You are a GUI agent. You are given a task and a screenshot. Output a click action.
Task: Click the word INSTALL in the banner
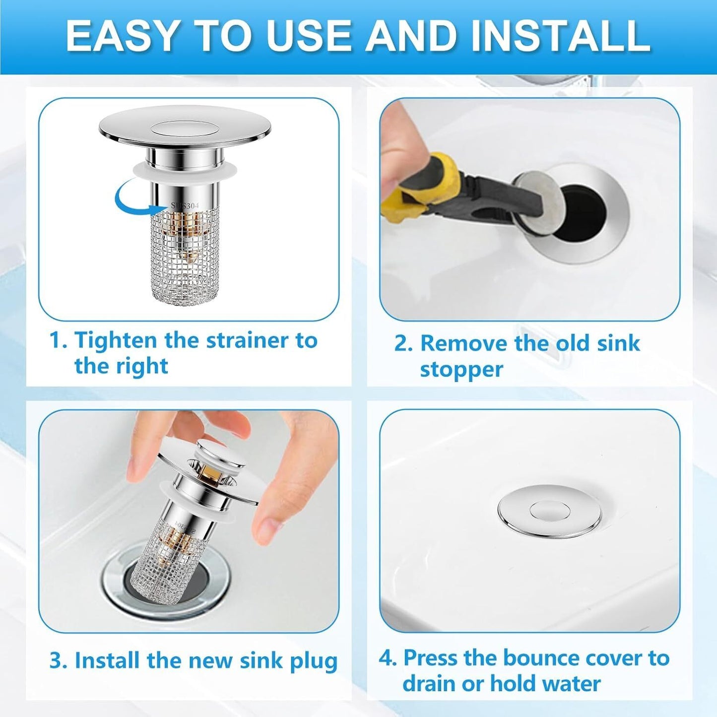coord(560,36)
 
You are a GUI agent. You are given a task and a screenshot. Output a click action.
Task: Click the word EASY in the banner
coord(122,36)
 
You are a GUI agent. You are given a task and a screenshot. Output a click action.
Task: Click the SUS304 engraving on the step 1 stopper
coord(185,205)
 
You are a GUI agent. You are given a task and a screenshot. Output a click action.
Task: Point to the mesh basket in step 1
coord(185,258)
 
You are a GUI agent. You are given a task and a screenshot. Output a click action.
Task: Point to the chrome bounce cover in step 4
coord(549,511)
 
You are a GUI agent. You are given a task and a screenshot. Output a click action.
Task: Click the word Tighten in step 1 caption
coord(115,341)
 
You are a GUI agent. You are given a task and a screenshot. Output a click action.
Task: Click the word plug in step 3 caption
coord(314,661)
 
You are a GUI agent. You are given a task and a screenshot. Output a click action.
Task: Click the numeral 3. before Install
coord(58,661)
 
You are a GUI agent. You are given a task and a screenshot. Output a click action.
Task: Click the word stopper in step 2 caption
coord(461,370)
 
